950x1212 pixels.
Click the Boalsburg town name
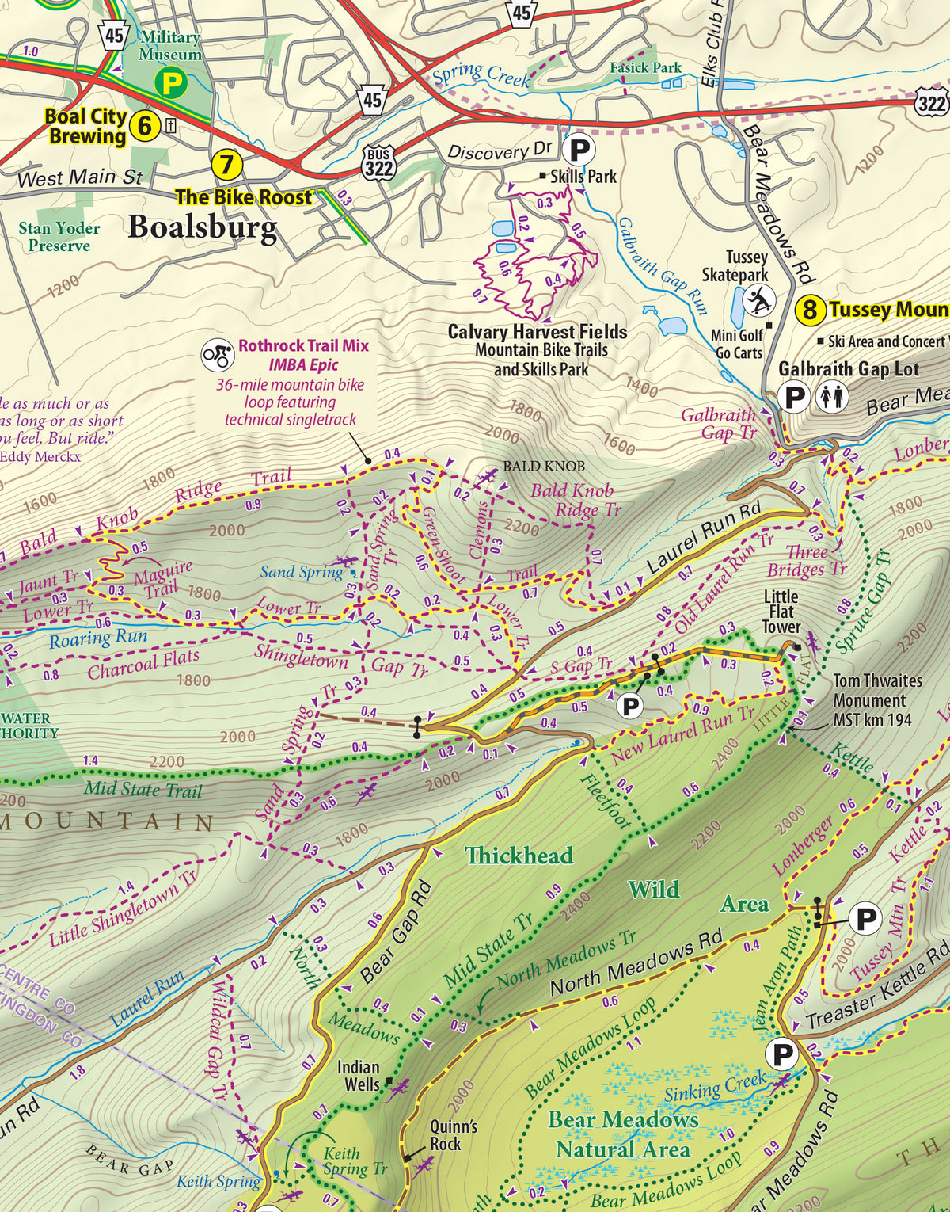point(203,227)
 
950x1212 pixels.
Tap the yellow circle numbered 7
point(226,165)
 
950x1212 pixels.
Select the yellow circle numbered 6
point(144,126)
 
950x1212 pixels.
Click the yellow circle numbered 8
point(809,309)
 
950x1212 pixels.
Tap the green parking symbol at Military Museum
point(171,82)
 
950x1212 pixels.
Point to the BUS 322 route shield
point(379,162)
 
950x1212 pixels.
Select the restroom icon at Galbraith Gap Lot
point(831,396)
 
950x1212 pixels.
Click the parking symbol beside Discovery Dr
point(579,149)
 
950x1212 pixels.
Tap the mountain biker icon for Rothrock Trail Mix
point(217,356)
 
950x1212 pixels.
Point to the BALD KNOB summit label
point(544,467)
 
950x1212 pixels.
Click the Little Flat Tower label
point(781,612)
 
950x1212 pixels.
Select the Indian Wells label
point(359,1075)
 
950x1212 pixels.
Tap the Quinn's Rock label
point(454,1134)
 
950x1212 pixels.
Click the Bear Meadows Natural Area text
point(623,1134)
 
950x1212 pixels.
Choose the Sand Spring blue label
point(301,572)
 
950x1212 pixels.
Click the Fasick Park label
point(645,67)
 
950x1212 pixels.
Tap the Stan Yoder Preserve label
point(59,237)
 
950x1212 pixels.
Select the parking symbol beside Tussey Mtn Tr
point(867,919)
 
